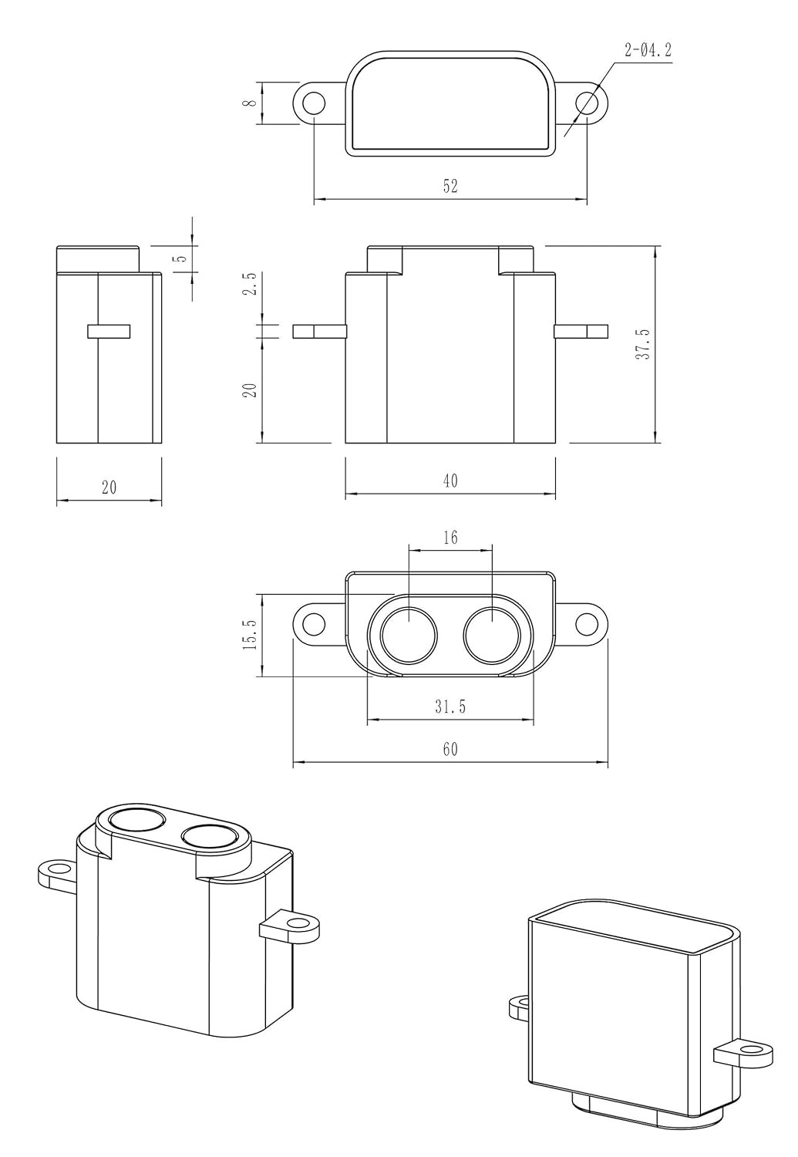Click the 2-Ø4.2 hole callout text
pyautogui.click(x=648, y=52)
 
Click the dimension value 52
pyautogui.click(x=450, y=186)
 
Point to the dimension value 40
pyautogui.click(x=450, y=481)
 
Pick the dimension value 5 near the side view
pyautogui.click(x=180, y=259)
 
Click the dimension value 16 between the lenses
pyautogui.click(x=450, y=537)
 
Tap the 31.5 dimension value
pyautogui.click(x=450, y=707)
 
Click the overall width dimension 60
pyautogui.click(x=450, y=749)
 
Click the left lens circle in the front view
pyautogui.click(x=409, y=636)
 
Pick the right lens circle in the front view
pyautogui.click(x=493, y=636)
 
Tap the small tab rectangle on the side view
pyautogui.click(x=109, y=331)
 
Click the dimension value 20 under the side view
pyautogui.click(x=109, y=487)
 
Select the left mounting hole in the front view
pyautogui.click(x=313, y=623)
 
